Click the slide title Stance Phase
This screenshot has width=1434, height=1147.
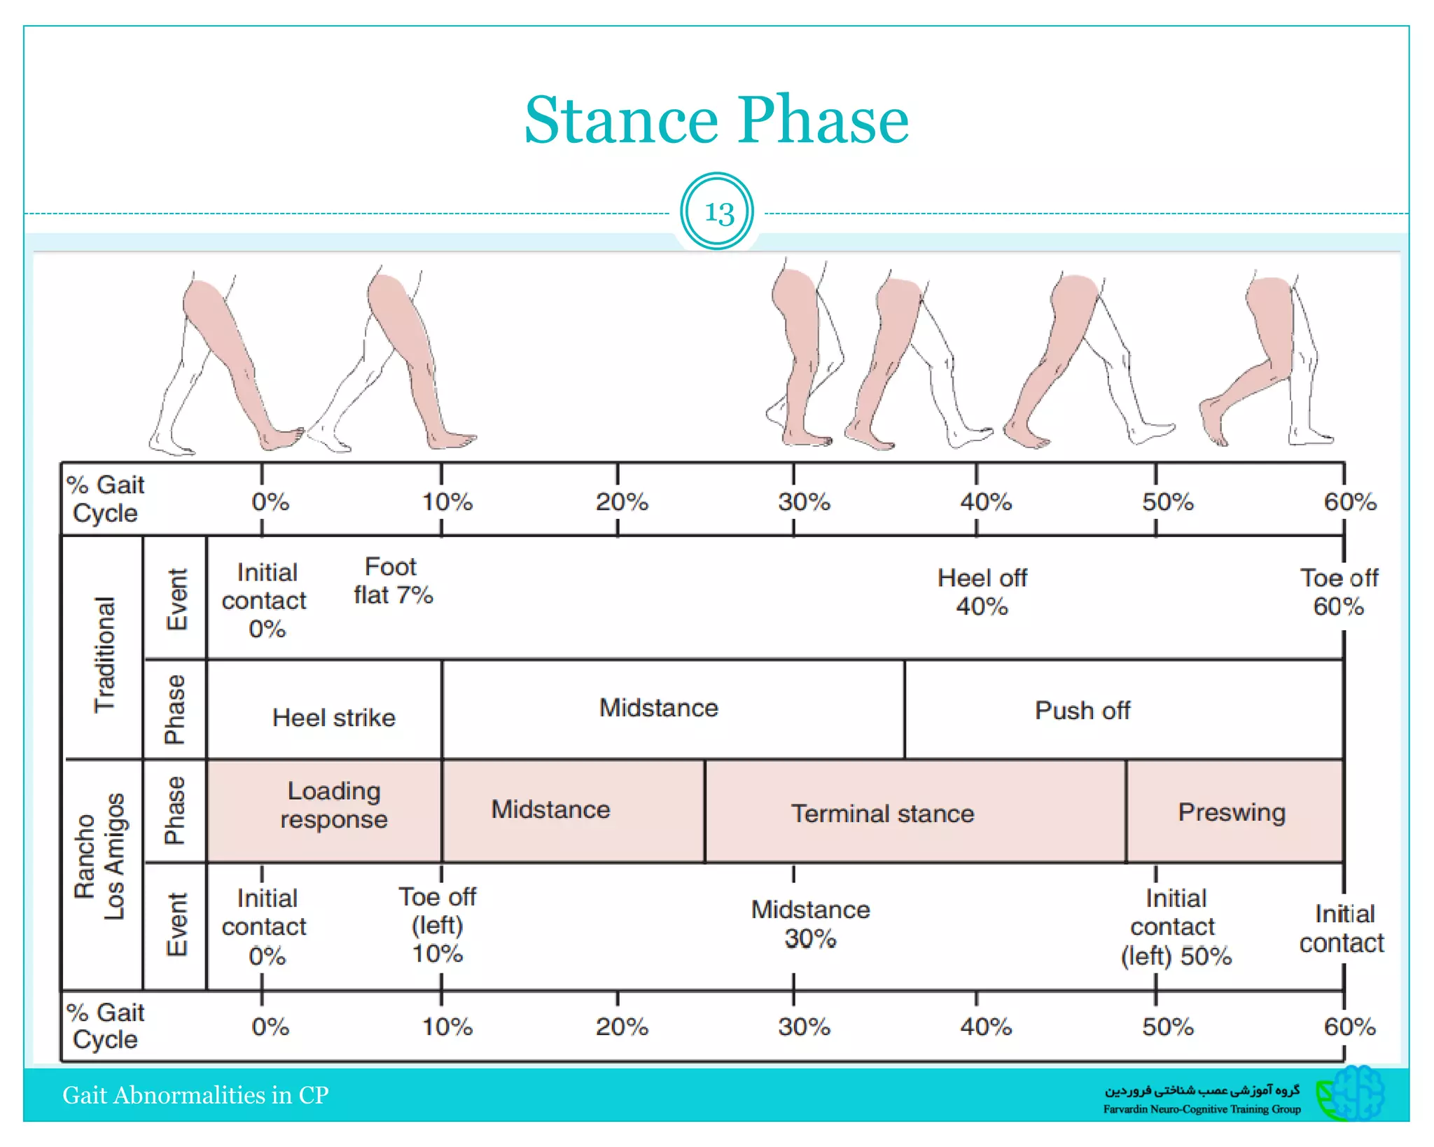[x=716, y=120]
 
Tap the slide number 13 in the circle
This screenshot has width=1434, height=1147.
[x=717, y=211]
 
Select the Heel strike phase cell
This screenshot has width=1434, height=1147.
[x=333, y=717]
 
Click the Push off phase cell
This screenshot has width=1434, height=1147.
[x=1082, y=710]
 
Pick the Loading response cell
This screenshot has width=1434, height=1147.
[x=333, y=805]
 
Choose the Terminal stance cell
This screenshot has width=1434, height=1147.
[x=882, y=813]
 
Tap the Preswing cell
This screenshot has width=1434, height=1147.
[x=1232, y=812]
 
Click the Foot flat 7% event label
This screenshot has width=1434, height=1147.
[x=393, y=581]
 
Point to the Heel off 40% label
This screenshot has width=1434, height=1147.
[x=982, y=592]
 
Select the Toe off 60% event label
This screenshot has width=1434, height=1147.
[x=1339, y=592]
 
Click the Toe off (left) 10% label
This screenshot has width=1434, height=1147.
[x=438, y=924]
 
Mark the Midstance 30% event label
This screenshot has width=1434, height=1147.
[x=810, y=924]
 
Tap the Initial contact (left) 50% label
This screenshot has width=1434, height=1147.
[x=1176, y=926]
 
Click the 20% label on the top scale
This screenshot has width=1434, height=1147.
[x=621, y=502]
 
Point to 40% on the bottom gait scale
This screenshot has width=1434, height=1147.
[x=985, y=1027]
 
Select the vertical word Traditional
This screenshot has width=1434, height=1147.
[x=104, y=654]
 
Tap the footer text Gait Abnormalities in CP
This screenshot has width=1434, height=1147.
[x=195, y=1094]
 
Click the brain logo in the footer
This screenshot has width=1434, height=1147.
[x=1353, y=1093]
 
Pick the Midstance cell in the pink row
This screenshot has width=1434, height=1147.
[x=550, y=809]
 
